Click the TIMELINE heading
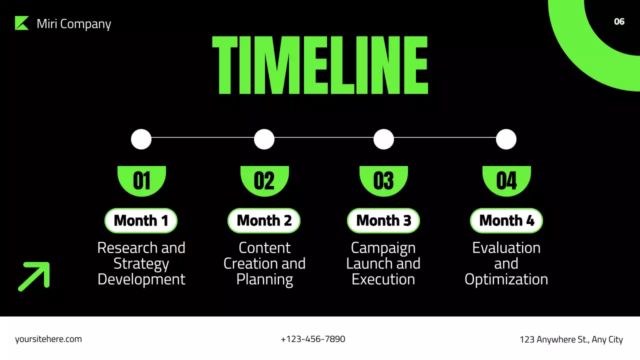point(320,65)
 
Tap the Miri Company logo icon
point(22,23)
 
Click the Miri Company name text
point(74,24)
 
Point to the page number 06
point(619,21)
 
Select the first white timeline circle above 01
point(141,139)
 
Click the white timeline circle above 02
point(264,139)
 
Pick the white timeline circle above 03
point(383,139)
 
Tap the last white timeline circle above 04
point(506,139)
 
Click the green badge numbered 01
point(141,180)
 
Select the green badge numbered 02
point(264,180)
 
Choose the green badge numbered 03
point(383,180)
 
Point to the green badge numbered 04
point(506,180)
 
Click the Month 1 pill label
point(141,220)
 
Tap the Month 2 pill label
point(264,220)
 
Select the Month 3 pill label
point(383,220)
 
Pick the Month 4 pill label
point(506,220)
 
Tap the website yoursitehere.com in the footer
point(48,339)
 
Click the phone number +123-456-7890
point(313,339)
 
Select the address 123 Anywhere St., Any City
point(571,339)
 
